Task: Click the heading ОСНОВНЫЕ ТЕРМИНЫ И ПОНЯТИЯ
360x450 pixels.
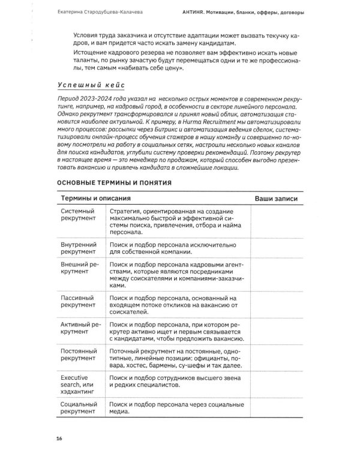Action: [x=115, y=182]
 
